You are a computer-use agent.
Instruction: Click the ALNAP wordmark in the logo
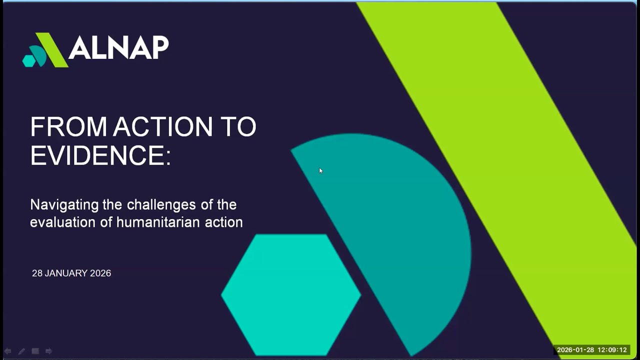tap(118, 48)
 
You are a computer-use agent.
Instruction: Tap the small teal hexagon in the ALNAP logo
tap(29, 60)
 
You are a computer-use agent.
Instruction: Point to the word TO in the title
tap(239, 126)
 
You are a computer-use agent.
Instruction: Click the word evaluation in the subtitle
tap(63, 222)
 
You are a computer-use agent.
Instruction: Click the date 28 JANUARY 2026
tap(71, 273)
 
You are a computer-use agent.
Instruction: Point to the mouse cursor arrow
tap(320, 170)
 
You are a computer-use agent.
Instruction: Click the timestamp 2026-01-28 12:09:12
tap(591, 350)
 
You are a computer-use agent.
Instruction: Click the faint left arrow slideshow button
tap(8, 351)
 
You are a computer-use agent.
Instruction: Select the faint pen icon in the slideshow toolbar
tap(21, 351)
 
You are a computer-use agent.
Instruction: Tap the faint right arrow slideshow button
tap(48, 351)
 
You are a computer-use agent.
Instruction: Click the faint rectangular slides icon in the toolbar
tap(35, 351)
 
